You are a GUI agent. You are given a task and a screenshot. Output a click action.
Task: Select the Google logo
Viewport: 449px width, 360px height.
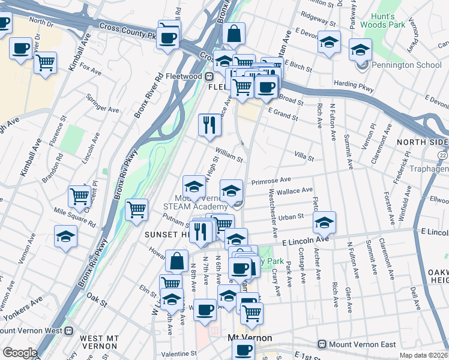click(19, 353)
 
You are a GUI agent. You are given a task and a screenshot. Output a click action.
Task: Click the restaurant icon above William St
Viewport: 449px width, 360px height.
click(207, 125)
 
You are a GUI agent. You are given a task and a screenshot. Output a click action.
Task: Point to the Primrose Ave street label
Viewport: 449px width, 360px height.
click(271, 179)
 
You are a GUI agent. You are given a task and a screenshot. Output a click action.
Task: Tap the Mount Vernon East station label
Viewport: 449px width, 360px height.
click(357, 344)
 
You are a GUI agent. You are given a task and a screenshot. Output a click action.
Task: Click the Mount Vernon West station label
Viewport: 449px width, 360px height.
click(32, 330)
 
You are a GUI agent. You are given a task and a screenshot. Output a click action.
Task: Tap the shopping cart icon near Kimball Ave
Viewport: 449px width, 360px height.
click(46, 62)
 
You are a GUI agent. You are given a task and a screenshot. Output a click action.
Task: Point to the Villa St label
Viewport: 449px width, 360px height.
click(304, 157)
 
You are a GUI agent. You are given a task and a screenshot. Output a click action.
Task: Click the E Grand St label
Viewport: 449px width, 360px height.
click(283, 113)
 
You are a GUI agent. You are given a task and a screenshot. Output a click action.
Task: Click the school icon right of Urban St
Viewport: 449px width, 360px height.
click(324, 223)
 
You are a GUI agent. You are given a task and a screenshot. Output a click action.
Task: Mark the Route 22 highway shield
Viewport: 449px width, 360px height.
click(442, 155)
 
